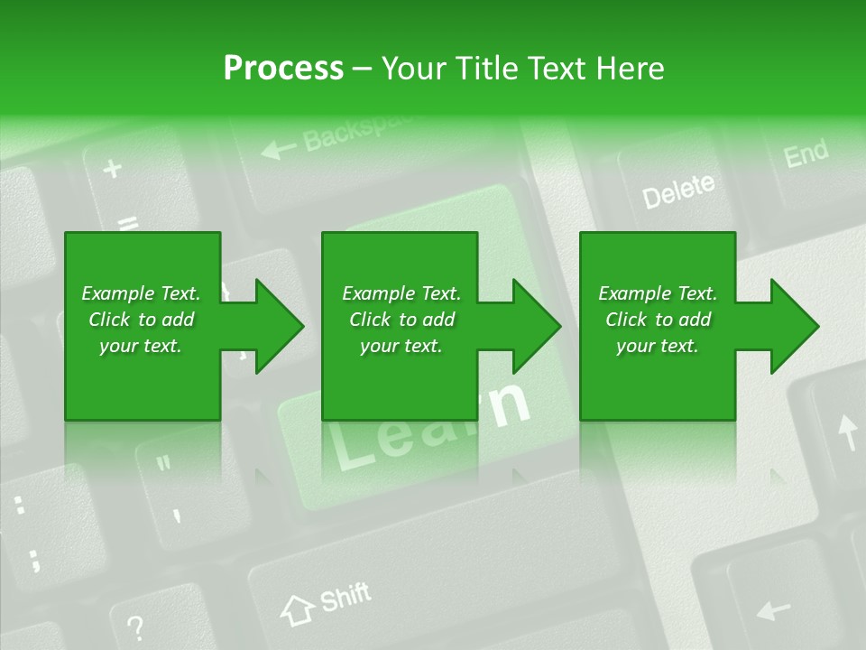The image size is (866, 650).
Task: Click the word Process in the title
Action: point(282,68)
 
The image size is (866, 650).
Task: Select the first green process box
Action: point(142,325)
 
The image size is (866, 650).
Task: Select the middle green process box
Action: point(400,325)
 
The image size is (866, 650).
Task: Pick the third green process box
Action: point(657,325)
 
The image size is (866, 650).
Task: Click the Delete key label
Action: point(678,190)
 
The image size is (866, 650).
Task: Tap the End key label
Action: point(806,153)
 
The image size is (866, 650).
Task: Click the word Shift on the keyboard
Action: point(345,597)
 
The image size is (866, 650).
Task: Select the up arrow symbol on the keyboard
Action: point(847,431)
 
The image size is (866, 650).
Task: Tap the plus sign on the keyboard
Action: point(113,169)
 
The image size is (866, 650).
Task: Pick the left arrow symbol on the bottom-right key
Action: point(774,610)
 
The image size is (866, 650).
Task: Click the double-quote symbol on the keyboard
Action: point(163,465)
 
